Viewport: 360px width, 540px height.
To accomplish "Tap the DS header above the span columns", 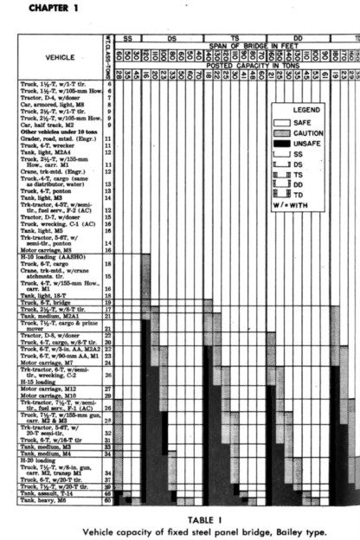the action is click(x=172, y=39).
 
